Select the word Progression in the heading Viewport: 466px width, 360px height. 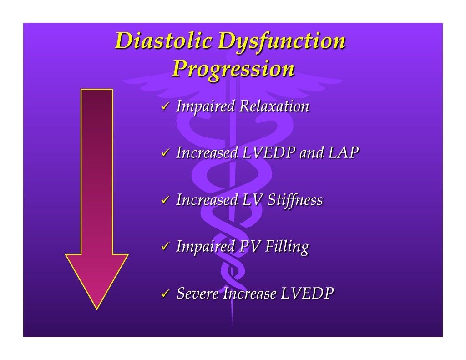click(233, 69)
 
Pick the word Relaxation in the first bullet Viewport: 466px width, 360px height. click(274, 106)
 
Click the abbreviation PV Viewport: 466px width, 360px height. click(250, 247)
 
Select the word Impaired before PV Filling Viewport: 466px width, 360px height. click(205, 247)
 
